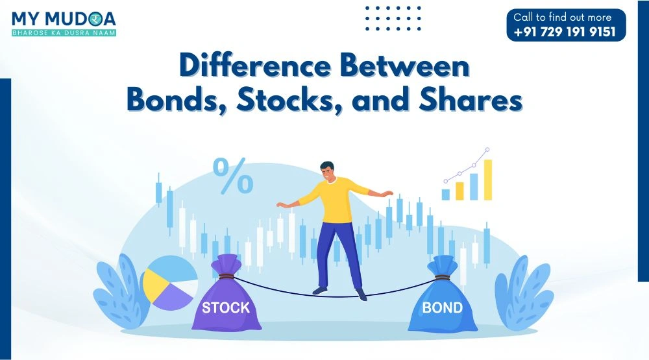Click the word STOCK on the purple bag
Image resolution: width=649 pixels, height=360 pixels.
click(226, 307)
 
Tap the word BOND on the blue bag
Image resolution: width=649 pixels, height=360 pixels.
click(443, 307)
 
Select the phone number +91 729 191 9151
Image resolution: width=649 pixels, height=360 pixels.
click(565, 32)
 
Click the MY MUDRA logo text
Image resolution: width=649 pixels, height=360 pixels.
click(64, 18)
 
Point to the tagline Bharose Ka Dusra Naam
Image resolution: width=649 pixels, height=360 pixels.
click(64, 32)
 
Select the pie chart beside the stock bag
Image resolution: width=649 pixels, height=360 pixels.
click(169, 282)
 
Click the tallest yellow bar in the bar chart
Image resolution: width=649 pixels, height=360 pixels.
click(487, 180)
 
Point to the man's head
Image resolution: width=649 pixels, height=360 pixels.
click(328, 170)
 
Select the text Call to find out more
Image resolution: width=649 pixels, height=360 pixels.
click(562, 18)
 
